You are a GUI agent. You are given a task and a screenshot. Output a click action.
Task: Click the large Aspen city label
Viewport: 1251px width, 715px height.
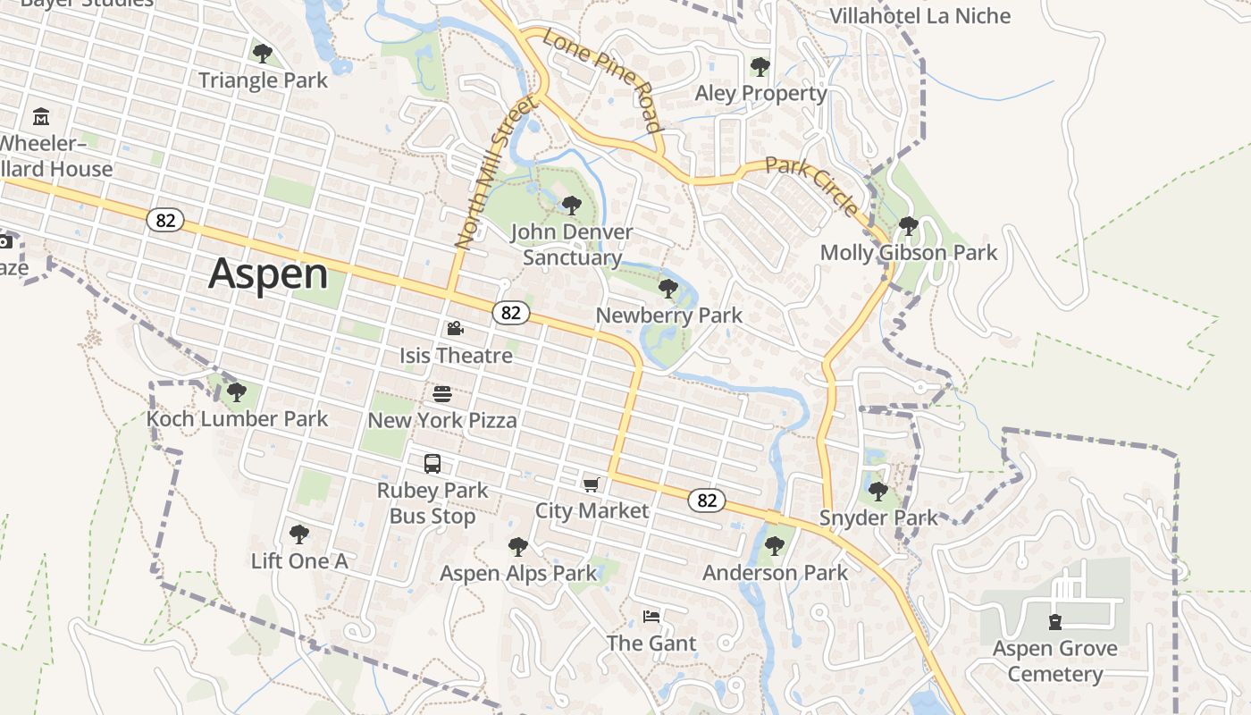pos(268,273)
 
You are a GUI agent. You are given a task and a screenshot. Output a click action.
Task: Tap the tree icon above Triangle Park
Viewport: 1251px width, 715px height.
pos(263,54)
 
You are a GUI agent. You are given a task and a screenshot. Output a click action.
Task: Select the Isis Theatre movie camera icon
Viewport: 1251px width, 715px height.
pos(456,329)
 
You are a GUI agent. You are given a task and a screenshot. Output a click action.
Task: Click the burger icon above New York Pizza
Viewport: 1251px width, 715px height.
pos(442,394)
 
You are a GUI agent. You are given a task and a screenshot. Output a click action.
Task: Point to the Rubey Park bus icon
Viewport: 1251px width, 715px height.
pos(432,464)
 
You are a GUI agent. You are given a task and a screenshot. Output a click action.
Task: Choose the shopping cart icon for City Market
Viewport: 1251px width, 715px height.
pos(591,484)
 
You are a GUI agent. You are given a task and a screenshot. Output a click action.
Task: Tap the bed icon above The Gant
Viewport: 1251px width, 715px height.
pos(651,617)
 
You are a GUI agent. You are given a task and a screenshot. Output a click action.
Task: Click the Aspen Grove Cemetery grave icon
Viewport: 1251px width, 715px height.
pos(1055,621)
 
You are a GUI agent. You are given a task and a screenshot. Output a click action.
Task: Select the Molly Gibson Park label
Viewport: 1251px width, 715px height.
pos(908,253)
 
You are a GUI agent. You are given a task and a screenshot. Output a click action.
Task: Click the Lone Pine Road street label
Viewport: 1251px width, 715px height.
pos(604,80)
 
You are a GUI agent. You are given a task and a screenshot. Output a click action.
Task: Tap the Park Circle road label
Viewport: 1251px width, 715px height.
pos(812,186)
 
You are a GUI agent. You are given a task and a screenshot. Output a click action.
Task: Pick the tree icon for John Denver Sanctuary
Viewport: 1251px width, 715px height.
pos(572,206)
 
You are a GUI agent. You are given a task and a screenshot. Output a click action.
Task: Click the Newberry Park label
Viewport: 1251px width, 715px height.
pos(668,315)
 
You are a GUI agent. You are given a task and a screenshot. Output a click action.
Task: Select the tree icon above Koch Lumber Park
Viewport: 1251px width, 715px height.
pos(237,392)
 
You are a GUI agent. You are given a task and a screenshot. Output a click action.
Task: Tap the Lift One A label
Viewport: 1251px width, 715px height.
pos(298,561)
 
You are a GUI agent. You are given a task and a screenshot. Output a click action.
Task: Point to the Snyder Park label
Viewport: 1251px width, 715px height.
pos(878,517)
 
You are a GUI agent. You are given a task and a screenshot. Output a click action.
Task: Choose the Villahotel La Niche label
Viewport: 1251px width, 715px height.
pos(919,16)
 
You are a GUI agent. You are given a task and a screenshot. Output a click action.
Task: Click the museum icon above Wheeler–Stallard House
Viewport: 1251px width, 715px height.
pos(41,117)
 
